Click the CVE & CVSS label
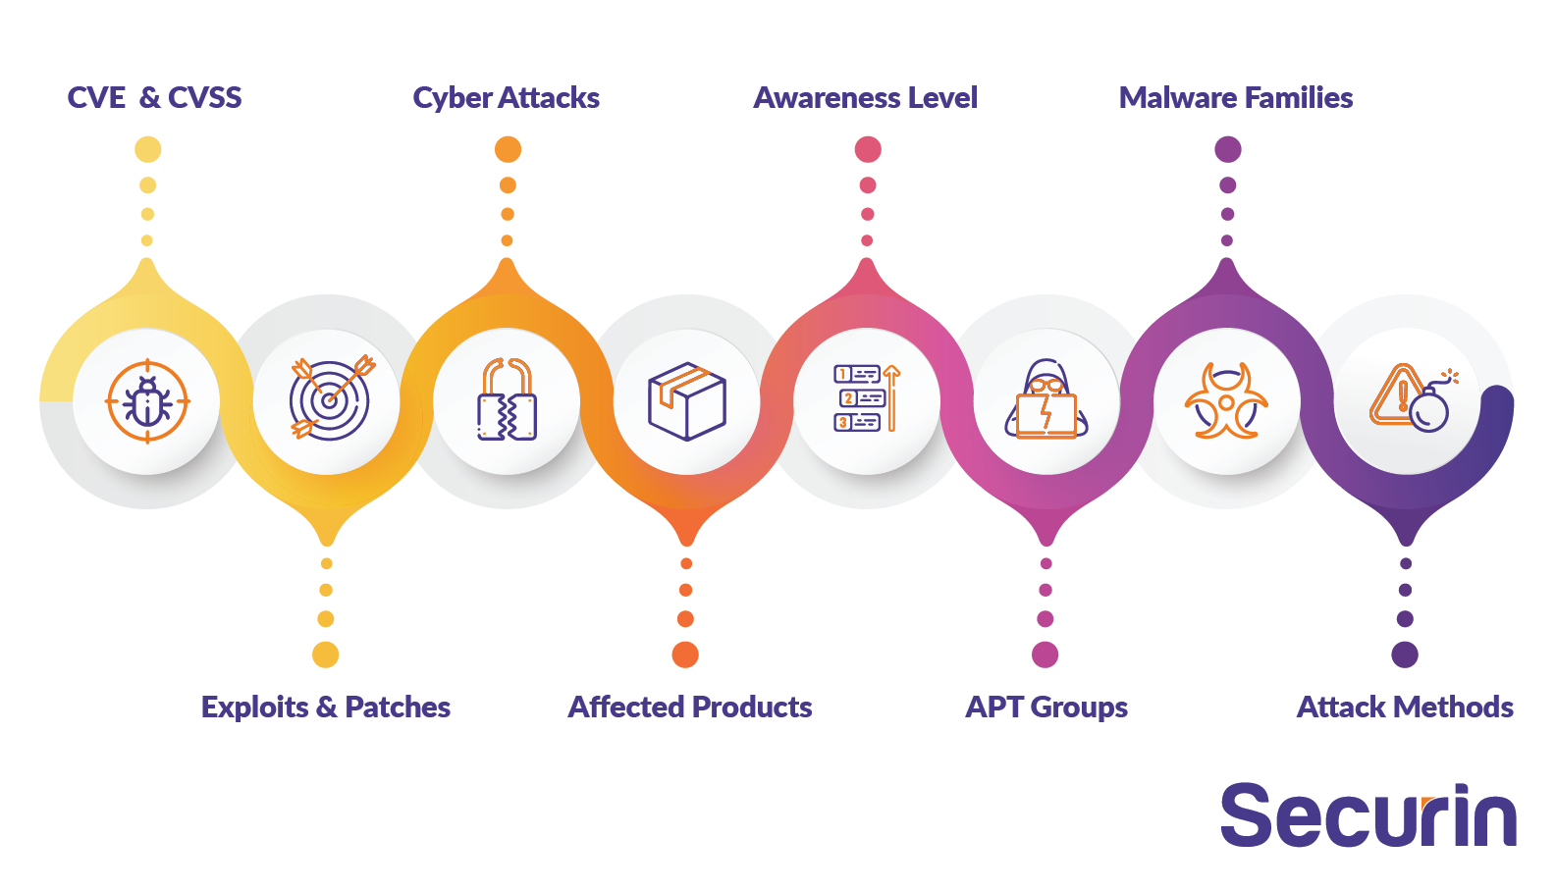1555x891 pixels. click(x=154, y=98)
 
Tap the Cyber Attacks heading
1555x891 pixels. click(x=507, y=98)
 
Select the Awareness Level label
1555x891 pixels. click(x=866, y=98)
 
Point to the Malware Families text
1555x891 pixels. click(x=1236, y=98)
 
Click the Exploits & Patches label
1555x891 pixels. click(x=326, y=708)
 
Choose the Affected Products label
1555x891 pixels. click(x=690, y=708)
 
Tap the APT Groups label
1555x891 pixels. click(x=1046, y=708)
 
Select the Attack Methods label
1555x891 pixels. click(x=1405, y=708)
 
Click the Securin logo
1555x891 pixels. click(x=1368, y=815)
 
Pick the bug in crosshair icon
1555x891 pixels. click(x=147, y=401)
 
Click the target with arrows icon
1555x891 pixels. click(x=331, y=398)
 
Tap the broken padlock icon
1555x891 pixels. click(x=507, y=399)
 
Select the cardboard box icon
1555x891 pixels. click(x=687, y=401)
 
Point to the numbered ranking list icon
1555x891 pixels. click(x=867, y=398)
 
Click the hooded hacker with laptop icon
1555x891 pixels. click(x=1046, y=399)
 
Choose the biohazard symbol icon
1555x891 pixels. click(x=1227, y=400)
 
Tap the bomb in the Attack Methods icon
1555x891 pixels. click(x=1429, y=411)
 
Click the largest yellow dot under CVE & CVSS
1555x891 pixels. click(x=148, y=149)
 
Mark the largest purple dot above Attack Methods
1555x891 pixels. click(x=1405, y=655)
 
